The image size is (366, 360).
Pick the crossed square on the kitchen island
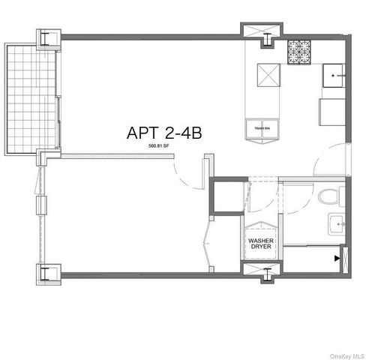(x=268, y=75)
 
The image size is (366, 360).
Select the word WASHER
(x=260, y=241)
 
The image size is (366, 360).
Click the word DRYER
(x=260, y=248)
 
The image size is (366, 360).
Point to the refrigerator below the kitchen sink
(x=332, y=113)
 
